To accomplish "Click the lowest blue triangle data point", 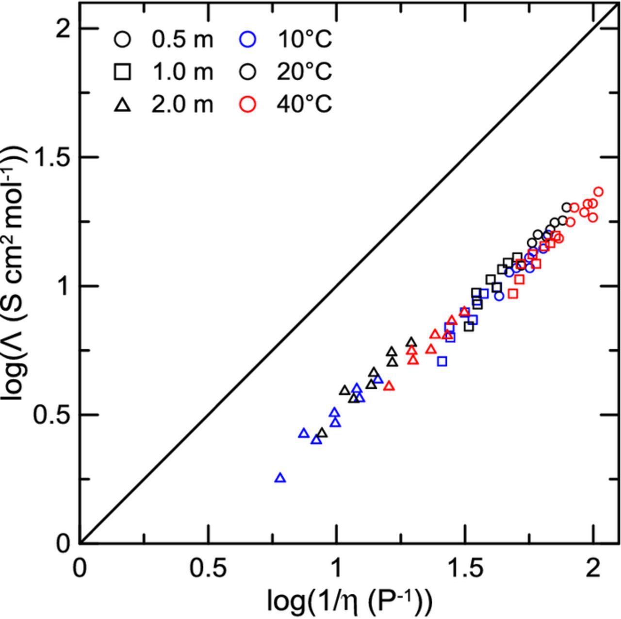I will (x=280, y=478).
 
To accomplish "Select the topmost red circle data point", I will (x=598, y=192).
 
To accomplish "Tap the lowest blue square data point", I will (x=441, y=361).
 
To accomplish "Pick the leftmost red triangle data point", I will (x=389, y=386).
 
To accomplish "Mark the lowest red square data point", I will (x=513, y=294).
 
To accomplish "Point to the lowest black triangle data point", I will (x=322, y=433).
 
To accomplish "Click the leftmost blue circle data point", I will (x=499, y=296).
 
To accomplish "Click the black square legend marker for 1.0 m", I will (x=123, y=72).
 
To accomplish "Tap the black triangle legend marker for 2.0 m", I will (x=123, y=104).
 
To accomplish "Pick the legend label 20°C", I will (x=304, y=72).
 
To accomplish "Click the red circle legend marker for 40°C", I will (x=248, y=104).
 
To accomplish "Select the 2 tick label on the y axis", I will (x=62, y=30).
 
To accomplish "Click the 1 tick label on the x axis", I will (x=336, y=569).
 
